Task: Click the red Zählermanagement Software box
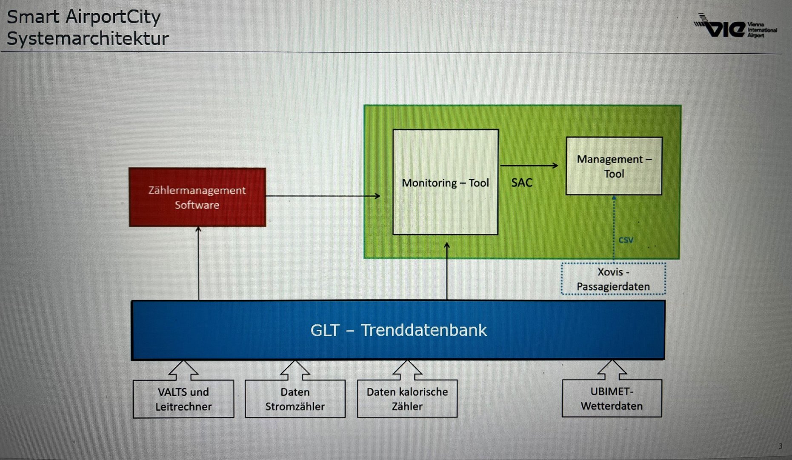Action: click(x=197, y=197)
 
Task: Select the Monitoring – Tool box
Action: click(x=445, y=182)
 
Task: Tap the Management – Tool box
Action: click(x=614, y=166)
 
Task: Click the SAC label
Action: click(x=522, y=183)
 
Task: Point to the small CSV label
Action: click(x=626, y=240)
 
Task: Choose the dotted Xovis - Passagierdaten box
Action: click(x=613, y=279)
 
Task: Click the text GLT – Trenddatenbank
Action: click(x=398, y=330)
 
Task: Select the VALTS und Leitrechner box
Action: click(x=183, y=399)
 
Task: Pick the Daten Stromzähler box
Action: click(x=295, y=399)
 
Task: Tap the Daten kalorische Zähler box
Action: click(x=407, y=399)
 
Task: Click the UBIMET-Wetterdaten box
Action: click(x=612, y=399)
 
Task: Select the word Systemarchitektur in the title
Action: click(x=88, y=38)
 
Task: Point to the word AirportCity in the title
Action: click(x=113, y=17)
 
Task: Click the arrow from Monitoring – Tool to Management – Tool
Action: click(x=529, y=166)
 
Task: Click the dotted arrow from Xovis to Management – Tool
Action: click(x=614, y=226)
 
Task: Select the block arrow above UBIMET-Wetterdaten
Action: click(x=612, y=370)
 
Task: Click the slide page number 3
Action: click(x=780, y=446)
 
